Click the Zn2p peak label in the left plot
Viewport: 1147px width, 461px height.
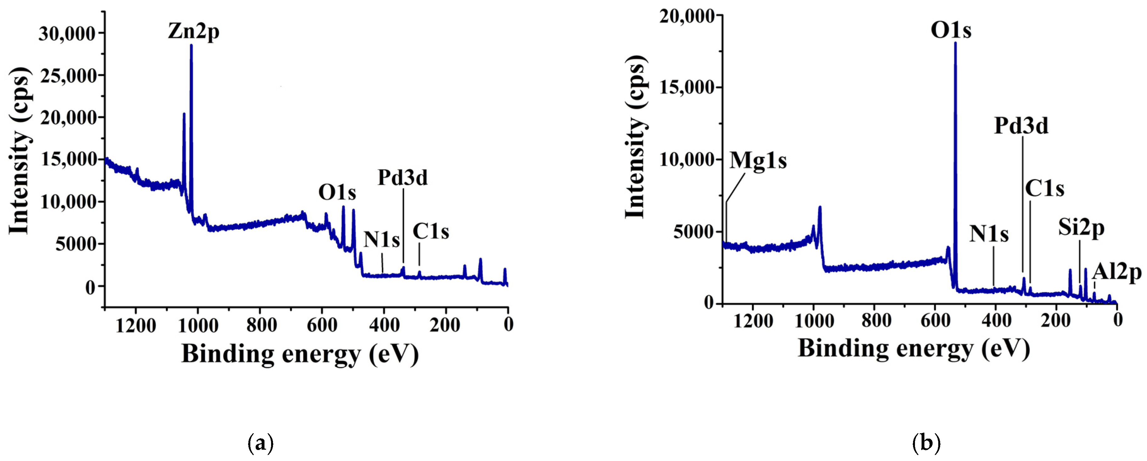point(194,32)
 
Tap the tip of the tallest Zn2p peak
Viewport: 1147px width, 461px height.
point(191,45)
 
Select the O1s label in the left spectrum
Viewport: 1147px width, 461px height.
point(337,193)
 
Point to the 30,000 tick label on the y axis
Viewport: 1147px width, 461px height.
point(66,33)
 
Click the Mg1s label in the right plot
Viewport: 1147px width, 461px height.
point(758,160)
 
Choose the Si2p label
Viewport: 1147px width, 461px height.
point(1082,228)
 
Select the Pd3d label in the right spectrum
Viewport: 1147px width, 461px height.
point(1021,126)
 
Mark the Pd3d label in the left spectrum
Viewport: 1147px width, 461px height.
point(402,178)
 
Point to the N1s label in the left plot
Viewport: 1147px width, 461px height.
point(382,239)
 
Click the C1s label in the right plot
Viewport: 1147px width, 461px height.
point(1045,189)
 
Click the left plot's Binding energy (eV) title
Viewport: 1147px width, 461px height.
point(300,354)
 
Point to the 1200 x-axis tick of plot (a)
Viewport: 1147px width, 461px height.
point(136,326)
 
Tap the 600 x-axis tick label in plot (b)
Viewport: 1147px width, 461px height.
point(935,320)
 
